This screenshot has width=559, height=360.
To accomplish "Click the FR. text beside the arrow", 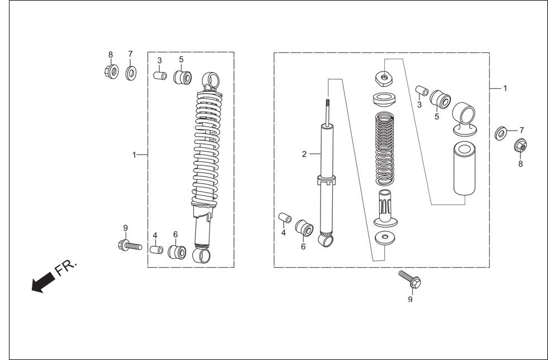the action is pyautogui.click(x=66, y=268).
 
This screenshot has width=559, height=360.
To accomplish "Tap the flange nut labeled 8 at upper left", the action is pyautogui.click(x=112, y=71).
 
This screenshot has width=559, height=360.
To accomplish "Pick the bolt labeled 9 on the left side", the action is pyautogui.click(x=130, y=245).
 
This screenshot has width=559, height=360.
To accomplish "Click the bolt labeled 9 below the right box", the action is pyautogui.click(x=410, y=280).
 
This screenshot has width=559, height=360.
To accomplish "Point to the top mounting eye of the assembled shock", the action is pyautogui.click(x=211, y=80).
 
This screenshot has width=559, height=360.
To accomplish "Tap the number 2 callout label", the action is pyautogui.click(x=304, y=154).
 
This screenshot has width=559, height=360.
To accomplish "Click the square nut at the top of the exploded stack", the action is pyautogui.click(x=384, y=78).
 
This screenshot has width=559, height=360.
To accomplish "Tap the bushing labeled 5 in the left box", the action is pyautogui.click(x=182, y=78).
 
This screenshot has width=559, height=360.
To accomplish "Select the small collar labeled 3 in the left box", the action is pyautogui.click(x=160, y=76).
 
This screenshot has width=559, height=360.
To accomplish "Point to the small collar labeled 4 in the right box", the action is pyautogui.click(x=285, y=218).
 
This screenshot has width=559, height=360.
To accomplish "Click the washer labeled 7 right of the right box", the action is pyautogui.click(x=501, y=133).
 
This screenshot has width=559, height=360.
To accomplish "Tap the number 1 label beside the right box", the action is pyautogui.click(x=505, y=88).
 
